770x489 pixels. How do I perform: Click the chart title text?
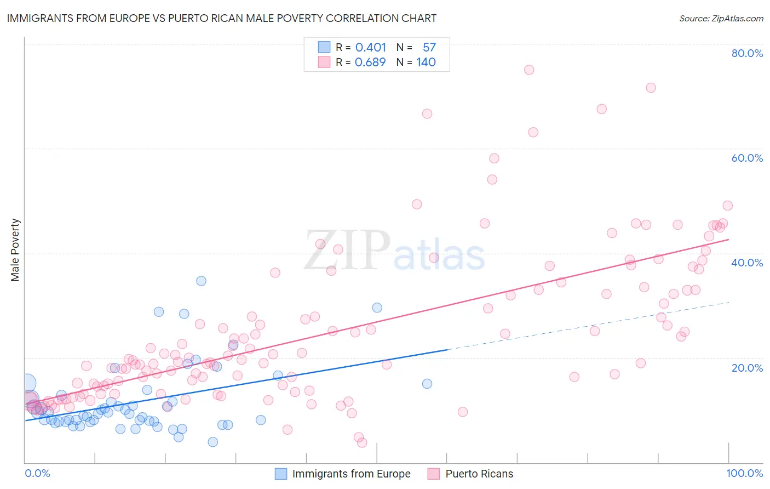pyautogui.click(x=222, y=18)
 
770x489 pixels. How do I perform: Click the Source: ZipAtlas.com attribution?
pyautogui.click(x=721, y=19)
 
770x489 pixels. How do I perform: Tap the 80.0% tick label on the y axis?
pyautogui.click(x=747, y=53)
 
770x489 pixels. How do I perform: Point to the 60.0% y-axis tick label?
pyautogui.click(x=747, y=158)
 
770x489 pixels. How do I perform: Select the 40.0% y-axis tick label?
pyautogui.click(x=747, y=263)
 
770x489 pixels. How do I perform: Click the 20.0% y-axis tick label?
pyautogui.click(x=747, y=368)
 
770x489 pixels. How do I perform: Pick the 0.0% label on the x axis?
pyautogui.click(x=37, y=473)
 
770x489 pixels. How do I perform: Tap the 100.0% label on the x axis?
pyautogui.click(x=744, y=473)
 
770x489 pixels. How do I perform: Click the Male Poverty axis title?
pyautogui.click(x=15, y=250)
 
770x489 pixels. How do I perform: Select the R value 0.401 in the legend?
pyautogui.click(x=371, y=47)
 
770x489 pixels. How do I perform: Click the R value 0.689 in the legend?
pyautogui.click(x=370, y=62)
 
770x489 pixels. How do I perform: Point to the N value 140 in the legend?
pyautogui.click(x=426, y=62)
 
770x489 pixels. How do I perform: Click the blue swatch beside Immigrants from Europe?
pyautogui.click(x=281, y=474)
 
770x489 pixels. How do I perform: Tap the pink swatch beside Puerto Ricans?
pyautogui.click(x=434, y=474)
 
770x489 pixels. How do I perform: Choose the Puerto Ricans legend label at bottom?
pyautogui.click(x=479, y=474)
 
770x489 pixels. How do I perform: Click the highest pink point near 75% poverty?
pyautogui.click(x=529, y=70)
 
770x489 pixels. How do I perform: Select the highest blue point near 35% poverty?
pyautogui.click(x=201, y=281)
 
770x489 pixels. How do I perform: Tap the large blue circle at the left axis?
pyautogui.click(x=27, y=383)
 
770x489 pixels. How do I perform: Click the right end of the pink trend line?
pyautogui.click(x=728, y=240)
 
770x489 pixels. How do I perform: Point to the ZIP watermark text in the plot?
pyautogui.click(x=347, y=251)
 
